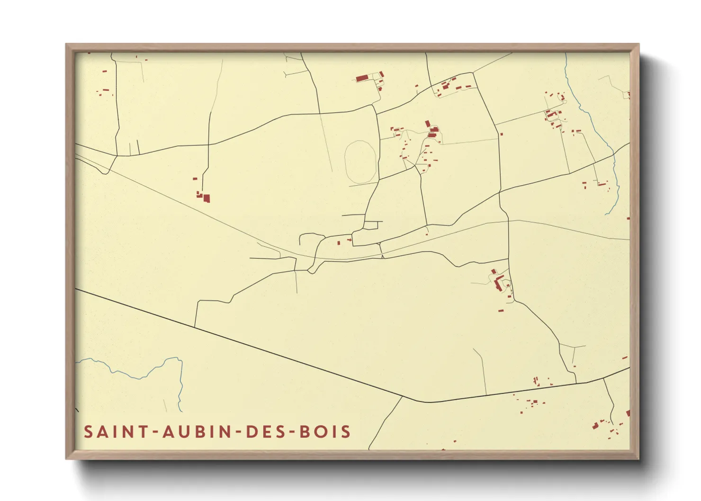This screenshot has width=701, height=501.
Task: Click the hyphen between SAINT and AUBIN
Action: click(154, 432)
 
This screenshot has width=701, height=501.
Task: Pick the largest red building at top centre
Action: click(362, 78)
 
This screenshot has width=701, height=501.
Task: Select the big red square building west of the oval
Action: click(207, 198)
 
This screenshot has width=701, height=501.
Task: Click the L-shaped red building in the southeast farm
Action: click(498, 283)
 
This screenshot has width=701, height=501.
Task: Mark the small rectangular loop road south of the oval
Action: click(373, 225)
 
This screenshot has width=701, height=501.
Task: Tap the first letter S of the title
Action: click(88, 432)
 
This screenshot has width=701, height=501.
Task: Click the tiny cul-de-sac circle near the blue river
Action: click(563, 98)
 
